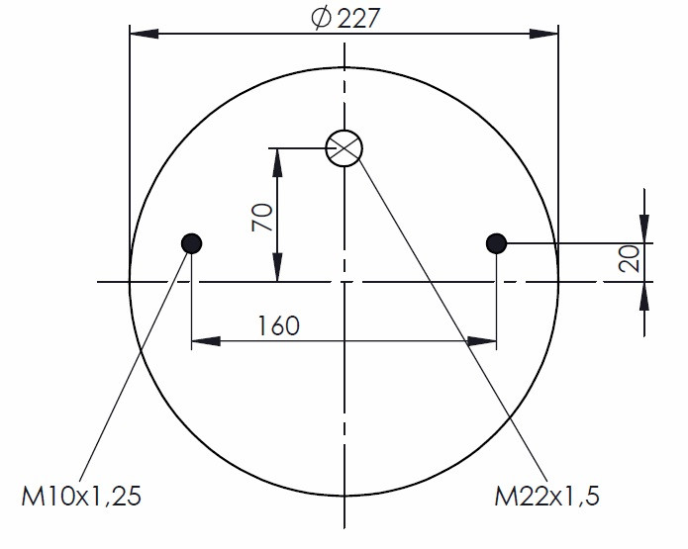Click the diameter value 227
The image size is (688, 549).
tap(357, 19)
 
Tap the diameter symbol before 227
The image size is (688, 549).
tap(321, 19)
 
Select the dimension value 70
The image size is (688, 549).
tap(262, 217)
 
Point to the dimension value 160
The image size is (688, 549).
tap(278, 325)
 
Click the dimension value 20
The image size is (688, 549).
tap(630, 259)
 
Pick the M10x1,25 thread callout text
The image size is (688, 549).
tap(81, 497)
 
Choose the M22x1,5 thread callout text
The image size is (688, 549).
tap(546, 497)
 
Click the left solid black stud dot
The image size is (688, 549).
tap(191, 243)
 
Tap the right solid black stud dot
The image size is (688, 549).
tap(496, 243)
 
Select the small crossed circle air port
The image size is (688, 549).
tap(344, 148)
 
